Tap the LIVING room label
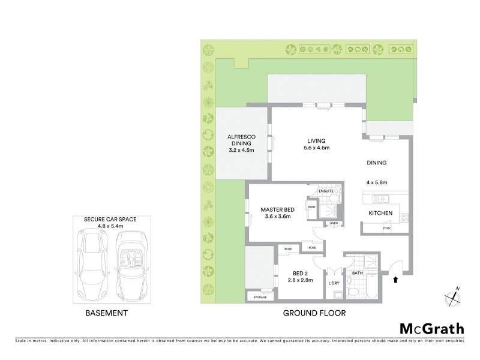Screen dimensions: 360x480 pos(317,141)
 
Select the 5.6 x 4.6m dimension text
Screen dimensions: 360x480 pos(317,148)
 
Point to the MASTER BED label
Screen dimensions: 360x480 pos(276,209)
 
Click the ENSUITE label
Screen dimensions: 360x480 pos(326,190)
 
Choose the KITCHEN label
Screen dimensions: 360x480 pos(380,213)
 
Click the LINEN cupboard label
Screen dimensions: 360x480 pos(334,223)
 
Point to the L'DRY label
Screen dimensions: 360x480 pos(334,282)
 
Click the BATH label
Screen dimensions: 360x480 pos(358,273)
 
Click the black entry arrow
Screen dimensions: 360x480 pos(394,278)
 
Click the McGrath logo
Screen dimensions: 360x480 pos(431,328)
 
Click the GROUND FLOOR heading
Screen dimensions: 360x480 pos(314,313)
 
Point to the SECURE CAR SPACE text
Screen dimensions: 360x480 pos(110,220)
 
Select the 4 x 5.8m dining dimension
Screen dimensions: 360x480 pos(378,182)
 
